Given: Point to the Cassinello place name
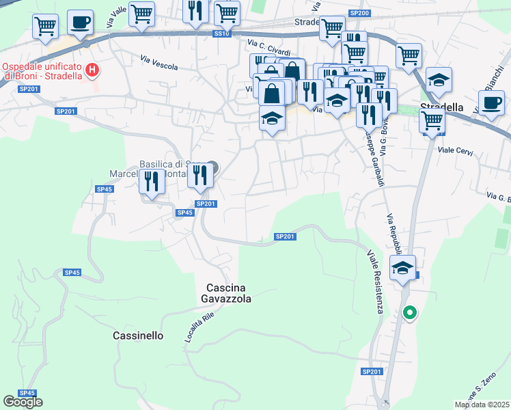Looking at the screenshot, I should tap(138, 336).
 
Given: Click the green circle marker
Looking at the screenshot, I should tap(409, 314).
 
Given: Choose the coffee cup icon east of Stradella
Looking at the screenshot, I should tap(491, 104).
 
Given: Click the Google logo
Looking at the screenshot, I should tap(23, 401).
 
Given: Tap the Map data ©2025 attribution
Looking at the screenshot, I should tap(481, 405).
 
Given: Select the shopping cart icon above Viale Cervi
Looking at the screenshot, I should tap(432, 120).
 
